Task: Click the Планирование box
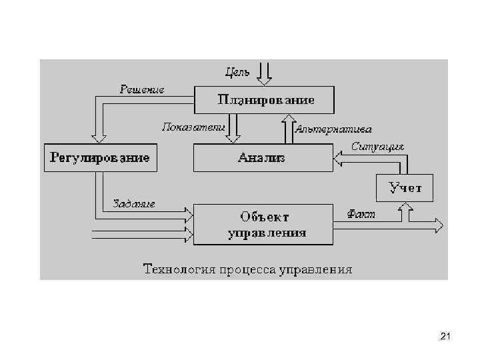pos(264,100)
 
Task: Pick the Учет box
pos(405,187)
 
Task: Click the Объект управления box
pos(264,224)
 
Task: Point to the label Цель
pos(237,71)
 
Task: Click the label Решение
pos(141,89)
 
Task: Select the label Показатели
pos(193,125)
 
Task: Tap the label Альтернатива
pos(333,128)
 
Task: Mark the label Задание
pos(134,203)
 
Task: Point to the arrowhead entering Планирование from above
pos(264,80)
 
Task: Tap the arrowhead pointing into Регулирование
pos(99,137)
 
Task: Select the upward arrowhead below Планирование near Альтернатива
pos(288,119)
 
